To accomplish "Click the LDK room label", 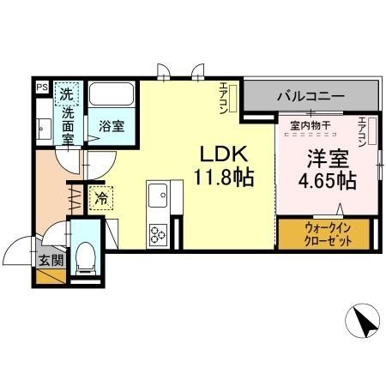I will click(225, 155).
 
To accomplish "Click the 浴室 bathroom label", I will click(110, 126).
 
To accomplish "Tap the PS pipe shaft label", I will click(41, 87).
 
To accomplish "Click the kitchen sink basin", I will click(159, 198).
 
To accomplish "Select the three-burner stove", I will click(159, 232).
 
